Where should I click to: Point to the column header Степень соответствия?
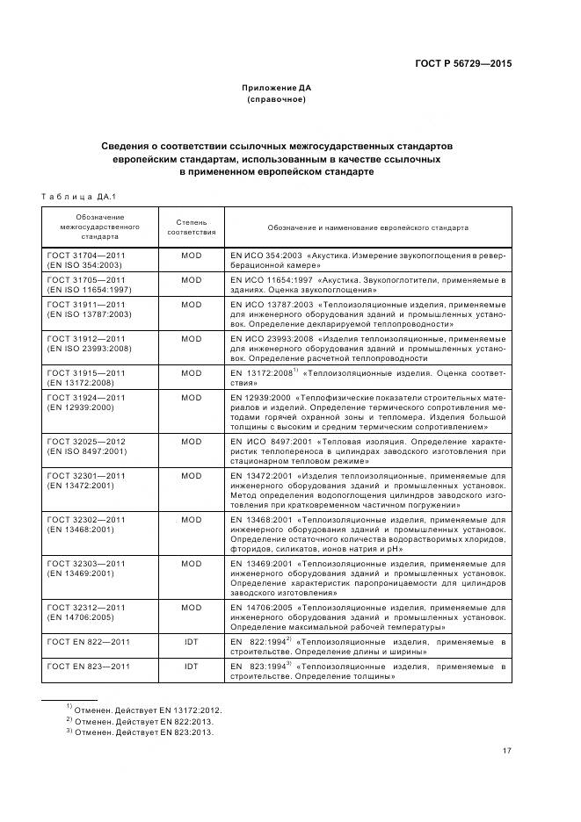pyautogui.click(x=191, y=227)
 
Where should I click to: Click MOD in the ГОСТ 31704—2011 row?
pyautogui.click(x=191, y=255)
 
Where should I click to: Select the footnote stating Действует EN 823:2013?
pyautogui.click(x=140, y=732)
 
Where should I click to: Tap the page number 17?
pyautogui.click(x=507, y=749)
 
